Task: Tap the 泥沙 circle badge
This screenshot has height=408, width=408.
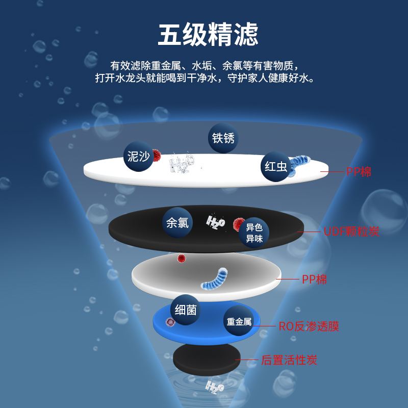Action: (x=138, y=156)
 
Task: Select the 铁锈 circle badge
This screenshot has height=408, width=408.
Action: (x=223, y=138)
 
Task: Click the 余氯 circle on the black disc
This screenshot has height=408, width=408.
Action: (x=177, y=222)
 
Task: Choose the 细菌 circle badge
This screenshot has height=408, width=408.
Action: (x=185, y=310)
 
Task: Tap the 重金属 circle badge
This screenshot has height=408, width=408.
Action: (x=239, y=322)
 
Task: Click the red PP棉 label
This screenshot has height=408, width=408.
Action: (x=359, y=172)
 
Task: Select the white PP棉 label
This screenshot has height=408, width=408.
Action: (x=314, y=279)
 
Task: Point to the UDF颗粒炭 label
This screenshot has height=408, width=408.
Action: (x=351, y=232)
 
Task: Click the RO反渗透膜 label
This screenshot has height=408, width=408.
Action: (x=309, y=326)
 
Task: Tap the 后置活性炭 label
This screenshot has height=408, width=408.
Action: (x=289, y=360)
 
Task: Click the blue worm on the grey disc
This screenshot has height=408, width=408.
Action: (x=214, y=278)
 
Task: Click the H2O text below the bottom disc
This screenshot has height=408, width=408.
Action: (x=214, y=387)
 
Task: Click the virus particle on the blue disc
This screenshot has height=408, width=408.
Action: (x=170, y=322)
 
